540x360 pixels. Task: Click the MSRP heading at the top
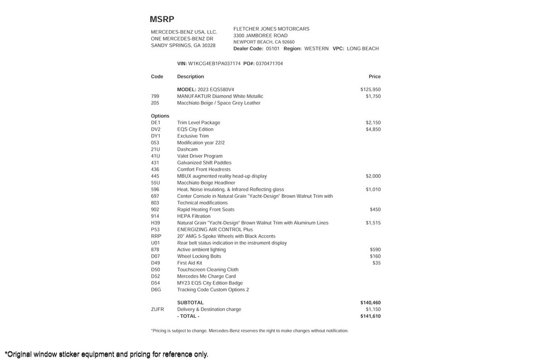[162, 20]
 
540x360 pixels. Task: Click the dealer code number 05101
[273, 48]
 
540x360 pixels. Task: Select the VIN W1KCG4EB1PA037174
[214, 64]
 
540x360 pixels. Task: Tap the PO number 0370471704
[269, 64]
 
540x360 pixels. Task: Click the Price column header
[374, 76]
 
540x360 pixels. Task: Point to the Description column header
[190, 76]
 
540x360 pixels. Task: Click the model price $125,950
[370, 90]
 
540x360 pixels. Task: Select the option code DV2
[156, 129]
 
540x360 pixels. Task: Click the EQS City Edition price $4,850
[373, 129]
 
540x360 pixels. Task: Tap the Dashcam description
[187, 149]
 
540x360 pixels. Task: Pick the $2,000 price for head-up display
[373, 176]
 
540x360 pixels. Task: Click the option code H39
[156, 223]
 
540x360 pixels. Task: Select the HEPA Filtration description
[194, 216]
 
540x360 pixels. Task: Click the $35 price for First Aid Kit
[376, 263]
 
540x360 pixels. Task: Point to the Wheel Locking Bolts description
[199, 256]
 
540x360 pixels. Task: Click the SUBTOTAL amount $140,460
[370, 303]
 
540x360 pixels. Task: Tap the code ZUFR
[157, 309]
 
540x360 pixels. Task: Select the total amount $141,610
[370, 316]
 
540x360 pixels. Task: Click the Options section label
[160, 116]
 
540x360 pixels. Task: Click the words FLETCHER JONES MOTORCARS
[271, 29]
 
